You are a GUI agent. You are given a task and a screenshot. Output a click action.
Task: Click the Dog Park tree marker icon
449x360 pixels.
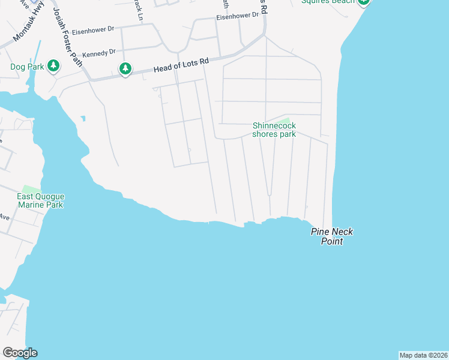(53, 65)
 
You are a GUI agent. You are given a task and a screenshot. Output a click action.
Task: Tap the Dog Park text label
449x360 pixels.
(27, 67)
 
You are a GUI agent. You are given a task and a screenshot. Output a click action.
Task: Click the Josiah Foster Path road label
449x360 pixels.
(67, 36)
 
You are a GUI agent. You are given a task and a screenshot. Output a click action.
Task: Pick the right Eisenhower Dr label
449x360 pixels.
(237, 17)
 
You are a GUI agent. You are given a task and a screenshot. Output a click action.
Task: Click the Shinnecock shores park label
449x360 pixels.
(274, 130)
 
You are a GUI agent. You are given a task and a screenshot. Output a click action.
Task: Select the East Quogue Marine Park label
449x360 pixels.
(41, 200)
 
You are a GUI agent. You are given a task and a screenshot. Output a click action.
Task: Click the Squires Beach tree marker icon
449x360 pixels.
(363, 2)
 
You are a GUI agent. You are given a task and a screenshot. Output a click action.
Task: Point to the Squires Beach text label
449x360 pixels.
(327, 2)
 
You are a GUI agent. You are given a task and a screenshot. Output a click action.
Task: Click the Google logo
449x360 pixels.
(20, 353)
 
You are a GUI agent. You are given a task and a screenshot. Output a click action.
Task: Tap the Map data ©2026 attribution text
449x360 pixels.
(424, 355)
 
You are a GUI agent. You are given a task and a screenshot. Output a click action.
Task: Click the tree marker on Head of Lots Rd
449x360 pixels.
(125, 69)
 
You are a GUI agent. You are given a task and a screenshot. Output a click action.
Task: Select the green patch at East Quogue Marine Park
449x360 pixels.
(31, 190)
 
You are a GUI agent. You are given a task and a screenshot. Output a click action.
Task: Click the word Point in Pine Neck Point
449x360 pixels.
(331, 241)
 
